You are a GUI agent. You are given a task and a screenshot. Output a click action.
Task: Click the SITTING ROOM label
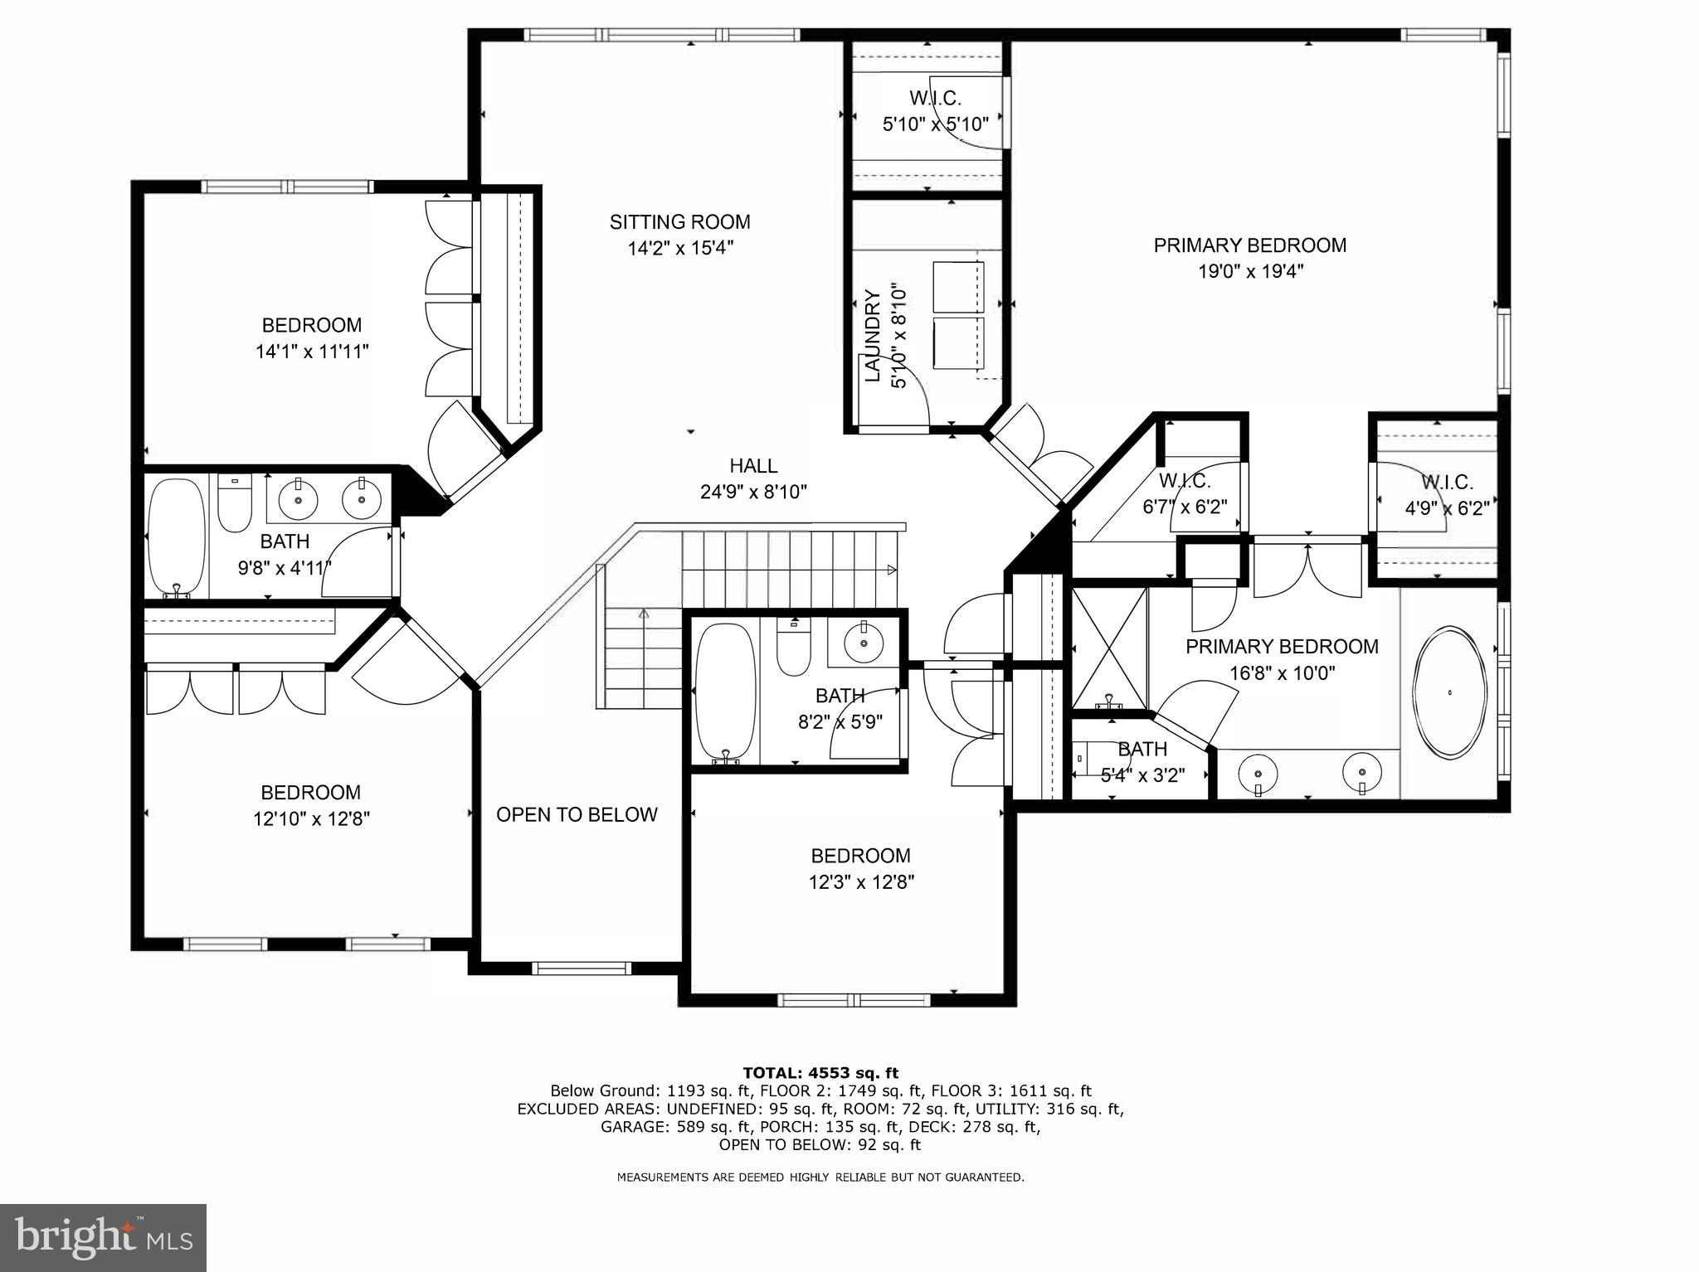(x=679, y=222)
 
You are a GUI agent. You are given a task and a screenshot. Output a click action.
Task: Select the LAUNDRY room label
(x=873, y=336)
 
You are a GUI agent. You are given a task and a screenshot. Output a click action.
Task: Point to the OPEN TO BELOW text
(x=577, y=814)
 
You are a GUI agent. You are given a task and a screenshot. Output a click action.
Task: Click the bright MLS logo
(x=103, y=1238)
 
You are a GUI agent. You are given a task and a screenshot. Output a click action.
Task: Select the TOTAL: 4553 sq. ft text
(x=820, y=1073)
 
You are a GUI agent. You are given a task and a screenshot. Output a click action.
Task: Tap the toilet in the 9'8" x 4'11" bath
(x=234, y=504)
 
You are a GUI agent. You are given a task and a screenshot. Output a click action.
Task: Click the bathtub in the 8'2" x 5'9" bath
(x=726, y=692)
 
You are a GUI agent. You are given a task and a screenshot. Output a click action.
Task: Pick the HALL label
(x=753, y=466)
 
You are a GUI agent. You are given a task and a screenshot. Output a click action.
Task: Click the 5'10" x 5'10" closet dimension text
(x=935, y=124)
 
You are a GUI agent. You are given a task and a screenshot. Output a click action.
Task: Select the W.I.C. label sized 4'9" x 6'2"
(x=1447, y=482)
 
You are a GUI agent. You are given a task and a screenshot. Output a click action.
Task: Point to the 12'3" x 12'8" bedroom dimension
(x=861, y=881)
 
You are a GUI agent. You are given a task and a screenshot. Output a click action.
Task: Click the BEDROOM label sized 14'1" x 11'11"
(x=311, y=325)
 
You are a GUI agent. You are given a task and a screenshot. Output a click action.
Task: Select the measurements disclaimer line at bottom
(x=820, y=1177)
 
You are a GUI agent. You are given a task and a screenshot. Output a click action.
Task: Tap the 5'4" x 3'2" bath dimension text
(x=1142, y=775)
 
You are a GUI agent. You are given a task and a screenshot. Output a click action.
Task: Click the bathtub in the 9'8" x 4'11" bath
(x=176, y=536)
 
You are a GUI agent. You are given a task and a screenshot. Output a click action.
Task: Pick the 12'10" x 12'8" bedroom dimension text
(x=311, y=819)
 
